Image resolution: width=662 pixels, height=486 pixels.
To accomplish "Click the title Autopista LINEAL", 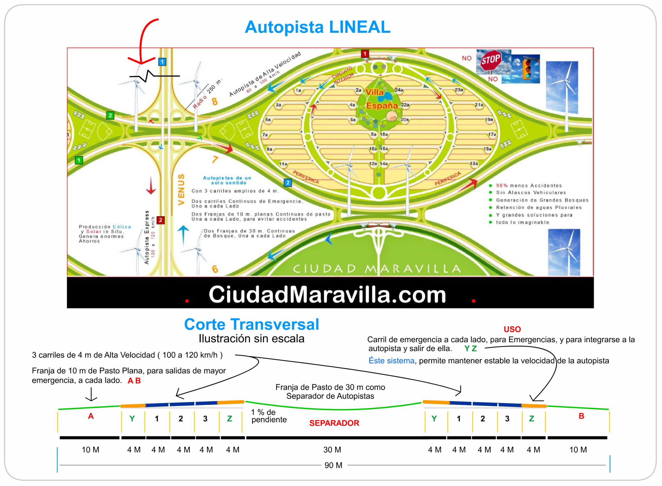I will click(317, 27).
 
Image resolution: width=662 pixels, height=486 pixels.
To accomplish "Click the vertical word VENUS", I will click(181, 189).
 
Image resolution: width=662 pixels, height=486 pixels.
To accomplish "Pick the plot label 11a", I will click(283, 164).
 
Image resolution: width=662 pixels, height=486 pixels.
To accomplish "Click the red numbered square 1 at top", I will click(365, 53).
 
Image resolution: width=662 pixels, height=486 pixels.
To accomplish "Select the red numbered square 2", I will click(160, 220).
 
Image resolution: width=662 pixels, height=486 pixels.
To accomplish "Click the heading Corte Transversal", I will click(251, 325).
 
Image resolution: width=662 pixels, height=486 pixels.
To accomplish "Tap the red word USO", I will click(512, 329).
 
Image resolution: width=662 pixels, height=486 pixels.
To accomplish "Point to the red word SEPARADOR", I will click(334, 423).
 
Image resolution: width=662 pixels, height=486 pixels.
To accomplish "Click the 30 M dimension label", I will click(332, 450).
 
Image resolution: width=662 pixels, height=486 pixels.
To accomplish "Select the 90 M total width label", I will click(333, 465).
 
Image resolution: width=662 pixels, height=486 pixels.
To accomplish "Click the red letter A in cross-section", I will click(91, 416).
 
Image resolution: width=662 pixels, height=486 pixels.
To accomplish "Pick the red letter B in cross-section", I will click(581, 416).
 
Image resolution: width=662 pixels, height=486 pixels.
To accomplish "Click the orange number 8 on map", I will click(215, 102).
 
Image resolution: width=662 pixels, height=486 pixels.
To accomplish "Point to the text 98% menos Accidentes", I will click(529, 186).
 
